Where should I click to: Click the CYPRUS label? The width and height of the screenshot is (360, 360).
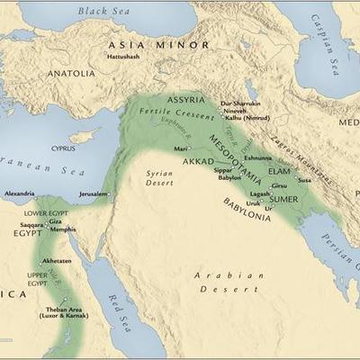[x=63, y=148]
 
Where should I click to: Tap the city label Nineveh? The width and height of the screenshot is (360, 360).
[x=235, y=111]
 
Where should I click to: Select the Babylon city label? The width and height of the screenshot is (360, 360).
[x=229, y=177]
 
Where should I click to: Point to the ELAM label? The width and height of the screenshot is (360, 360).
[x=280, y=168]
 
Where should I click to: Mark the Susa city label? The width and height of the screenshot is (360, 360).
[x=305, y=180]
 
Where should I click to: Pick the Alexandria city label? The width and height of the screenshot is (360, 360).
[x=19, y=193]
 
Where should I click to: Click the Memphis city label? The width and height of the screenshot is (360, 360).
[x=63, y=229]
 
